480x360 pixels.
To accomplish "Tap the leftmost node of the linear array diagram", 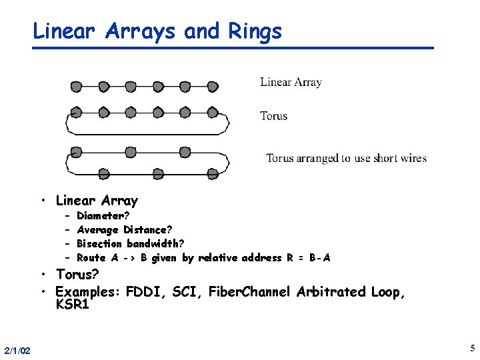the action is tap(76, 87).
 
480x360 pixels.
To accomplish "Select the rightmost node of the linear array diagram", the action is tap(213, 87).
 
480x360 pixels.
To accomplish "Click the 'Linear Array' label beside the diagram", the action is tap(291, 83).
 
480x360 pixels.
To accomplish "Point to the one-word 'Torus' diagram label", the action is tap(273, 116).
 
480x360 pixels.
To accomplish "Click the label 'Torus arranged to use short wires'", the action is tap(346, 159).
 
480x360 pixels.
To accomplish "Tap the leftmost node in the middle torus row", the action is tap(76, 113).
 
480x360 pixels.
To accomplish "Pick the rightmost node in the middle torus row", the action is tap(213, 113).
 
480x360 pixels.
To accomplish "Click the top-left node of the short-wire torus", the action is tap(76, 150).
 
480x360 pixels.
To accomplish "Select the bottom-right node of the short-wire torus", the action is tap(213, 174).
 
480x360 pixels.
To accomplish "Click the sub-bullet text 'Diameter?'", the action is tap(103, 216).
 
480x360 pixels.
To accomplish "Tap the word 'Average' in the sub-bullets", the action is tap(98, 230).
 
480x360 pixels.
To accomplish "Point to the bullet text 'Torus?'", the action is tap(77, 275).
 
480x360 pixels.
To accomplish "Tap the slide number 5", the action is tap(472, 348).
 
